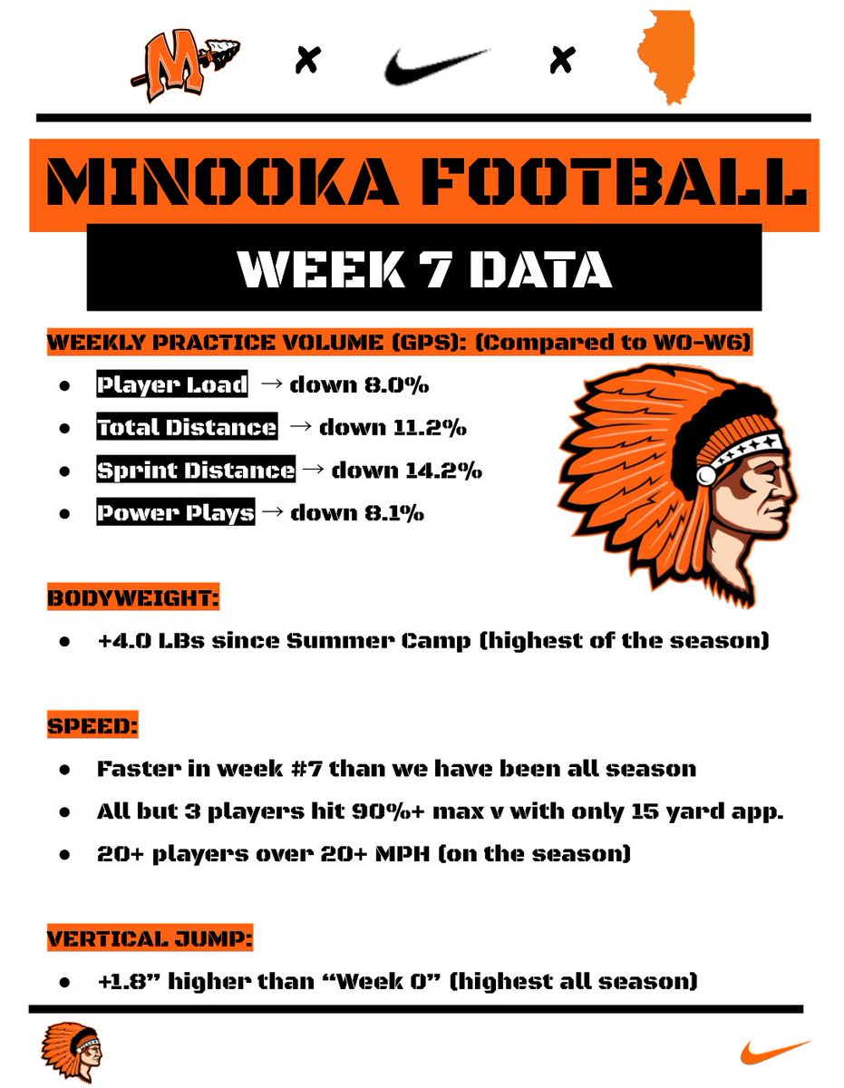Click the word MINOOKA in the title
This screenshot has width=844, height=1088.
click(x=228, y=183)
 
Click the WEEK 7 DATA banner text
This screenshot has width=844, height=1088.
click(x=422, y=268)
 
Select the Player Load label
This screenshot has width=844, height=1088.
click(x=172, y=384)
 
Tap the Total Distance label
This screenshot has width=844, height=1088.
click(x=187, y=427)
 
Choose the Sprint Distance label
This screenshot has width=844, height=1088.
click(x=196, y=470)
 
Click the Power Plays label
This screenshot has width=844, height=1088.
click(x=176, y=512)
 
